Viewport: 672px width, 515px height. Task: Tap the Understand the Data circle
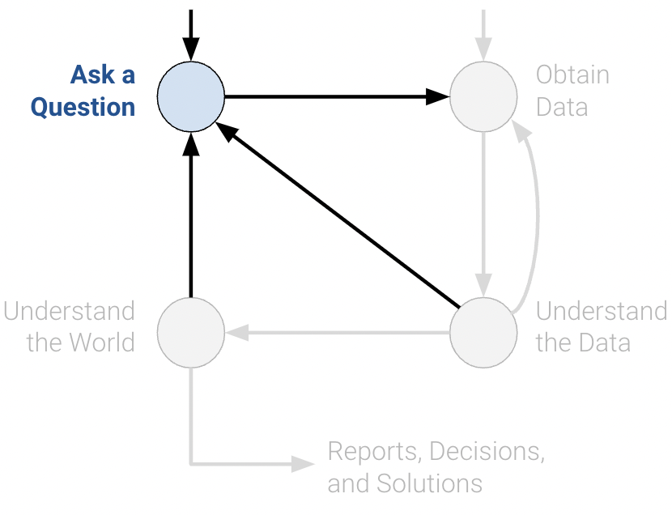(x=483, y=332)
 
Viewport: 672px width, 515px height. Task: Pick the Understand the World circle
(x=190, y=332)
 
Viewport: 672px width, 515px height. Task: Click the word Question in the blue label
(x=83, y=108)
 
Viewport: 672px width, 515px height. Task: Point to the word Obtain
(x=572, y=75)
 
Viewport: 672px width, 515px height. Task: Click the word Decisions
(x=488, y=451)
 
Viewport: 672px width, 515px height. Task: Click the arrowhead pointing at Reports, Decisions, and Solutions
(x=304, y=464)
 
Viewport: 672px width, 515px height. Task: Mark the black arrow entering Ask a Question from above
(x=190, y=32)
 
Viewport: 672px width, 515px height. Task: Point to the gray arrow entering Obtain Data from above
(x=483, y=32)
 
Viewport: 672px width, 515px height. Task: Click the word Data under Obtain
(x=562, y=108)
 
